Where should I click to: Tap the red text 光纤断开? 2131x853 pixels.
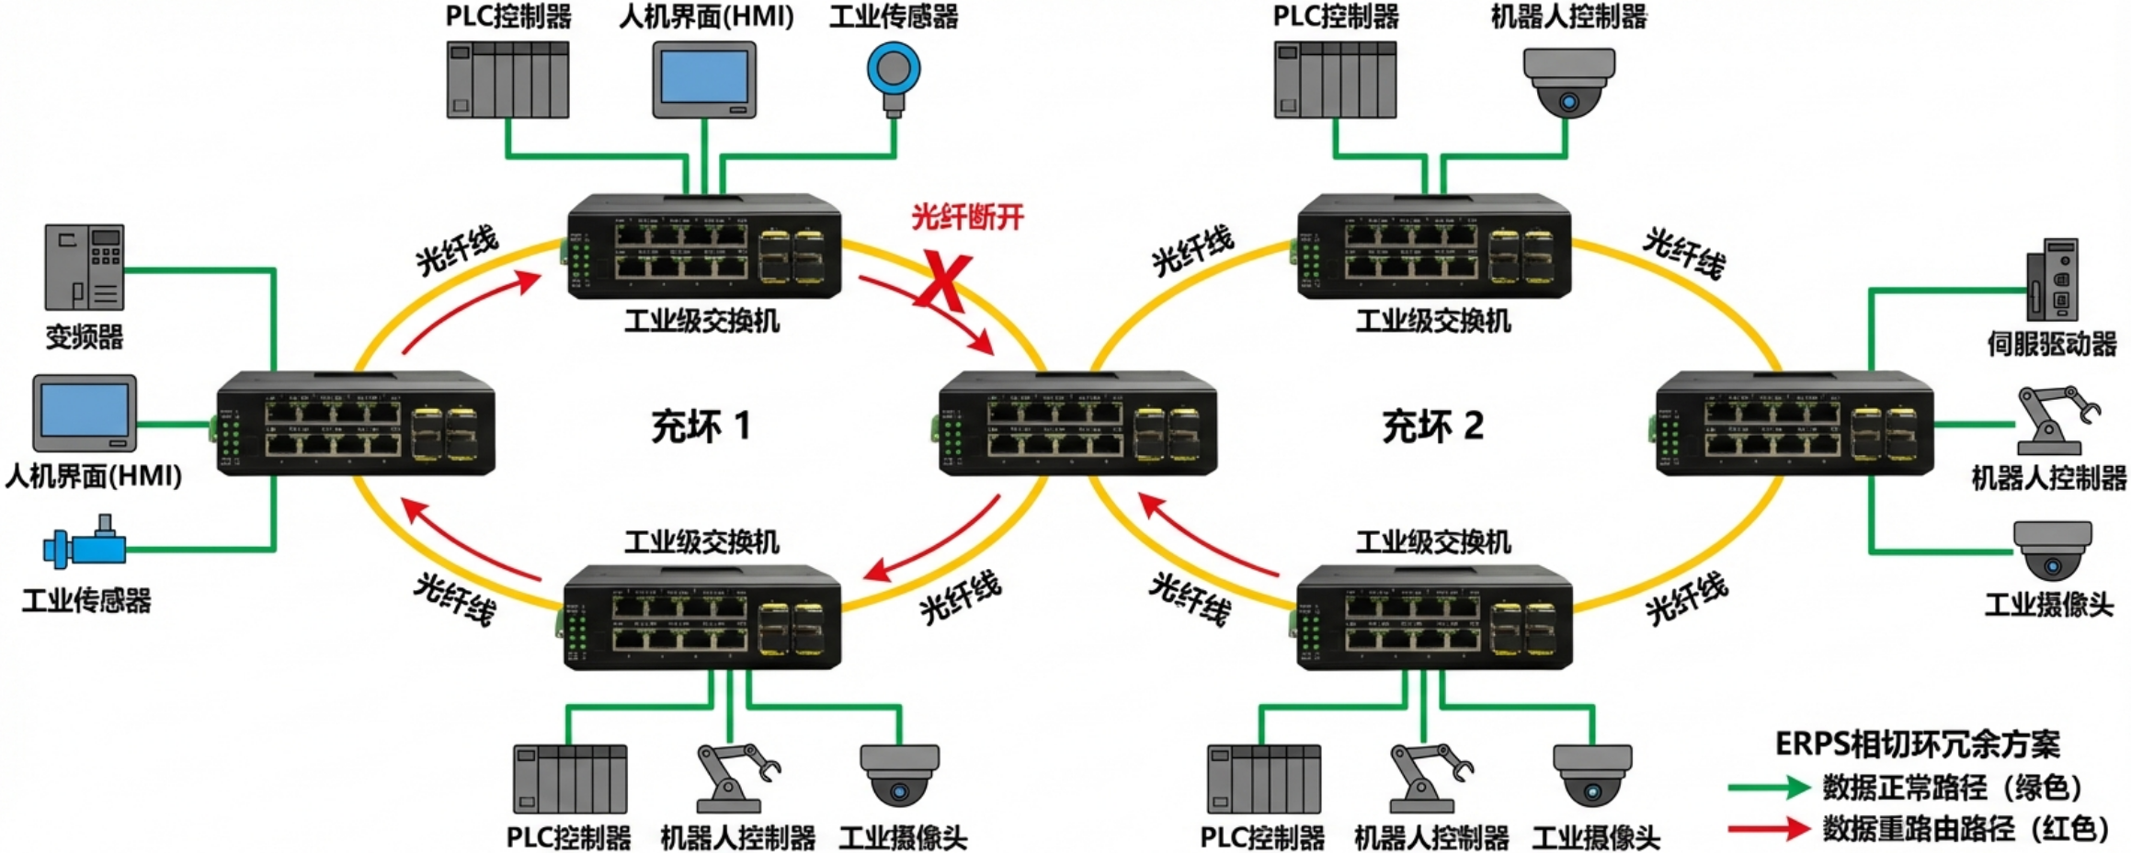coord(967,218)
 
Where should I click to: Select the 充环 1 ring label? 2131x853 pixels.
coord(701,426)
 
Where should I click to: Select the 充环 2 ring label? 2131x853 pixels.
coord(1432,426)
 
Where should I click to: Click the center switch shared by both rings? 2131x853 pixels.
coord(1077,423)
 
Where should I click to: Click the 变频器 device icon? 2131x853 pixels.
coord(85,267)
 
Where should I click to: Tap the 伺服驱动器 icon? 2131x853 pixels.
coord(2053,279)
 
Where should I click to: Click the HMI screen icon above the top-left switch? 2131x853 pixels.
coord(704,79)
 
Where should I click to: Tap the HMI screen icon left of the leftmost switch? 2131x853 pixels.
coord(85,413)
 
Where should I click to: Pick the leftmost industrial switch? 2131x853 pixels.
coord(356,423)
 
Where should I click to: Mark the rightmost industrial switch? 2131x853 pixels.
coord(1794,423)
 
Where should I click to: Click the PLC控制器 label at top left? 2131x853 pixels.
coord(508,17)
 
